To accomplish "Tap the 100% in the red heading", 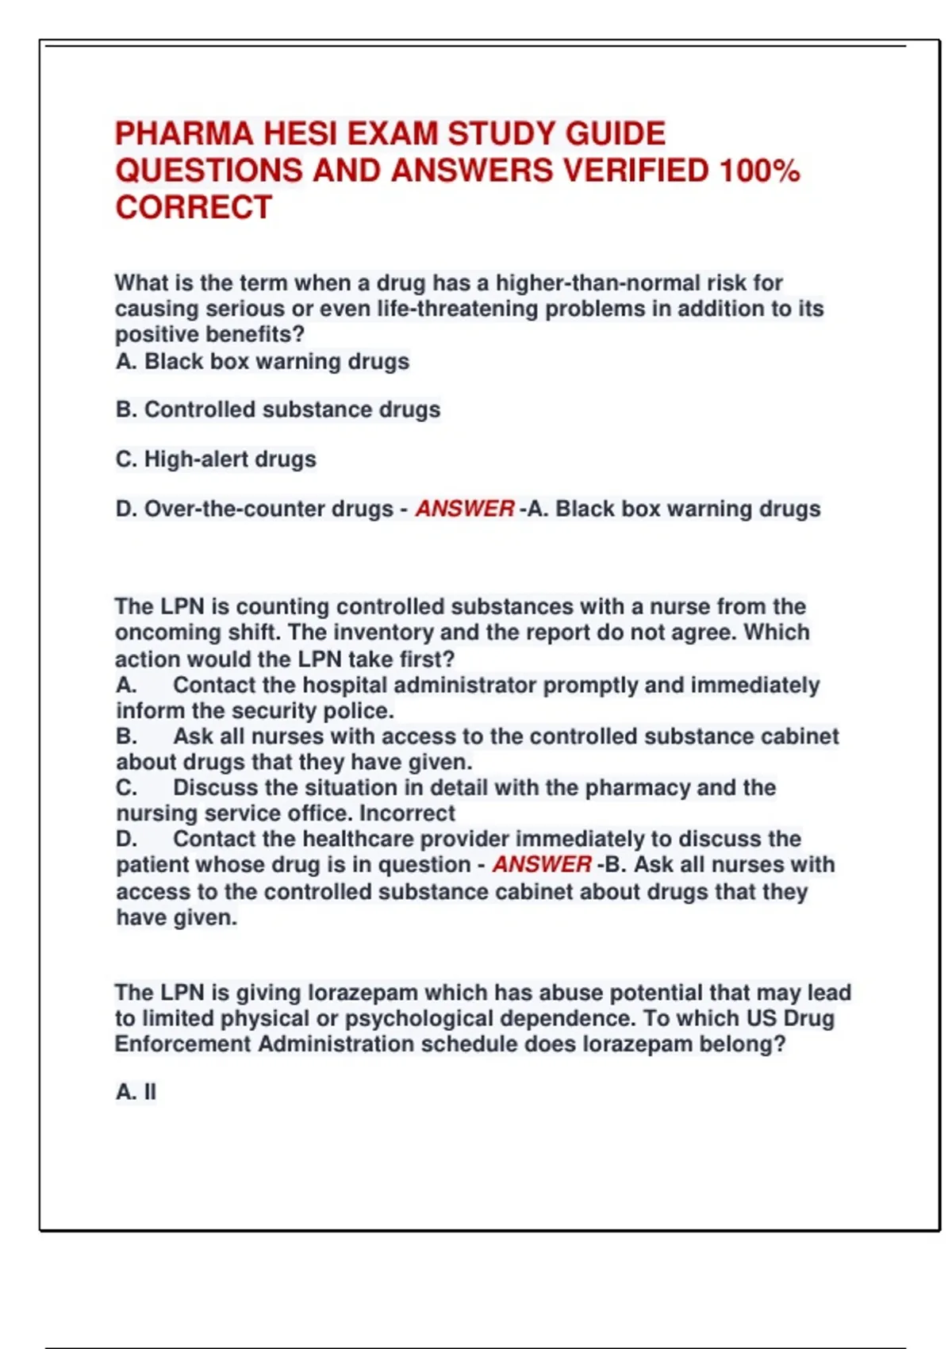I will (x=759, y=171).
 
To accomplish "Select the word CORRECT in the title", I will (x=194, y=208).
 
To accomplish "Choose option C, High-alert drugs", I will (x=216, y=459).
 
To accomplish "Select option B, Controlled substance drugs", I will (x=278, y=409).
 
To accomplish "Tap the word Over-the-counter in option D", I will (x=235, y=509).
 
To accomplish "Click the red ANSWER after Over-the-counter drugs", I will (x=465, y=509).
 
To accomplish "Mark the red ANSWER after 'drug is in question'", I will (x=542, y=864).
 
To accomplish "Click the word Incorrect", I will (x=407, y=813).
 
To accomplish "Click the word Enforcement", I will (x=182, y=1043).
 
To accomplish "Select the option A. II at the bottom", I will (x=136, y=1092).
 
